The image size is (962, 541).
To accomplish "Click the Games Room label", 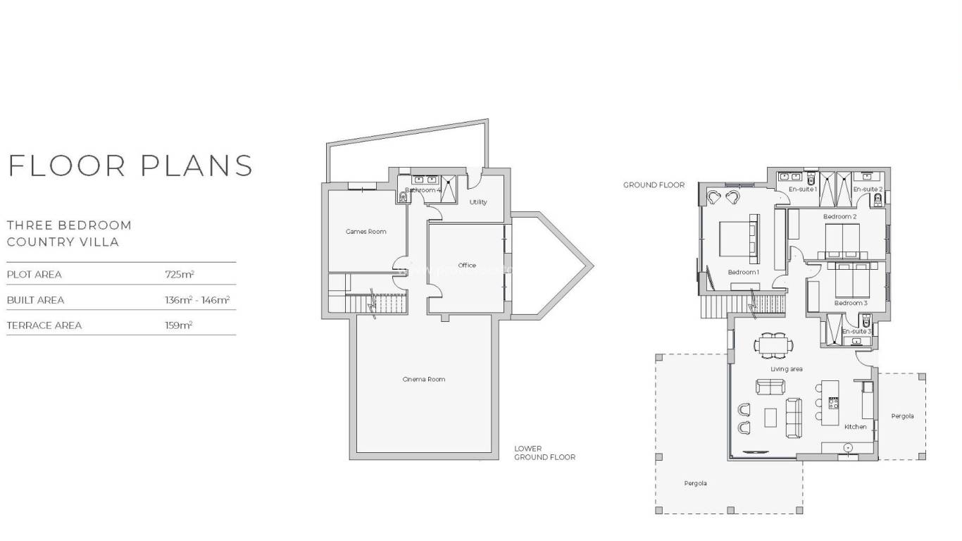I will [x=366, y=232].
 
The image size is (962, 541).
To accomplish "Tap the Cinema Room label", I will [x=424, y=380].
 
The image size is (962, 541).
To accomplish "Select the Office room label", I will [x=467, y=266].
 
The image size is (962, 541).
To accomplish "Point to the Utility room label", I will [x=478, y=202].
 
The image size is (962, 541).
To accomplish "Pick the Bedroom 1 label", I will [x=743, y=272].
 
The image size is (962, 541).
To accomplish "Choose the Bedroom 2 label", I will [x=839, y=217].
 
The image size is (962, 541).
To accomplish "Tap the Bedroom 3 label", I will [x=851, y=303].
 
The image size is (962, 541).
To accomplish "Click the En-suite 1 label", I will [x=802, y=189].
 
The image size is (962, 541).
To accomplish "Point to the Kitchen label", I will [x=856, y=427].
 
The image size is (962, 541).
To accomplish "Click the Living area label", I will [x=786, y=369].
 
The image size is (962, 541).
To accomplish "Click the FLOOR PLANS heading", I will [x=130, y=166].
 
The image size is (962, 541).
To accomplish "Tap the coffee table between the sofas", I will [x=770, y=417].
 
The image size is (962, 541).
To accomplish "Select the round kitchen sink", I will [x=848, y=447].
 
